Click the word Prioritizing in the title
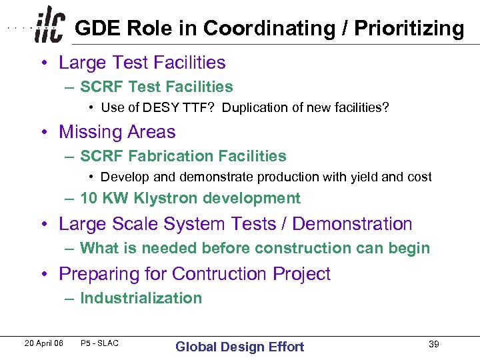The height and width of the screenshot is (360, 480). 409,29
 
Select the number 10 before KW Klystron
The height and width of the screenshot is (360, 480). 89,198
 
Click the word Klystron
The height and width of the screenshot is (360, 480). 167,198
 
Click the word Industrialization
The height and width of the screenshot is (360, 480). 141,298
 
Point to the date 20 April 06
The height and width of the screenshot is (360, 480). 43,343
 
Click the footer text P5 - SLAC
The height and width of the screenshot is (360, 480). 99,343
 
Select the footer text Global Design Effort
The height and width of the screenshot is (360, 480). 239,347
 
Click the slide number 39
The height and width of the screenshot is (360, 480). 433,344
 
